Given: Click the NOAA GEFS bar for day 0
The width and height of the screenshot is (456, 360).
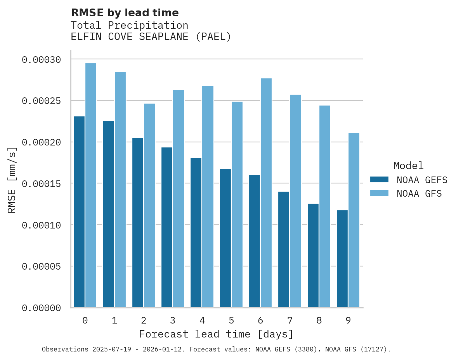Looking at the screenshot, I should pyautogui.click(x=79, y=212).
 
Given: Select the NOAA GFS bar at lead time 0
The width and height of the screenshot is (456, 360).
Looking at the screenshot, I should pyautogui.click(x=91, y=185).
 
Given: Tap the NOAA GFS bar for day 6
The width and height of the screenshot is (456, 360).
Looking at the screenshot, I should pyautogui.click(x=266, y=193).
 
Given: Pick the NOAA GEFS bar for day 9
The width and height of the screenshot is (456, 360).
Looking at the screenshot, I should pyautogui.click(x=342, y=259).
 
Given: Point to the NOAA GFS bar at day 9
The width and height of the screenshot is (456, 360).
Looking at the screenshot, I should pyautogui.click(x=354, y=220).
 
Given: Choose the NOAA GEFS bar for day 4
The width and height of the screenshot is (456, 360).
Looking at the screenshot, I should pyautogui.click(x=196, y=233).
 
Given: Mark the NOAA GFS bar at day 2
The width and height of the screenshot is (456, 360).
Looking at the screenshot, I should pyautogui.click(x=149, y=206).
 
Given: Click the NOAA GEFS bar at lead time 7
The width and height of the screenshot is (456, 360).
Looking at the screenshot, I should pyautogui.click(x=284, y=249).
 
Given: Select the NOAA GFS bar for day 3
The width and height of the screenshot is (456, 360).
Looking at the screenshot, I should pyautogui.click(x=179, y=199).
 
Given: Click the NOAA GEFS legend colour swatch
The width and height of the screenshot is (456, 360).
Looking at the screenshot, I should pyautogui.click(x=379, y=179).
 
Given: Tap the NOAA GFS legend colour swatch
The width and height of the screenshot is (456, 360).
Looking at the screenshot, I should pyautogui.click(x=379, y=193).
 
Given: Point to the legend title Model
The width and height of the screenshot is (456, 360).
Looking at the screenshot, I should pyautogui.click(x=408, y=166).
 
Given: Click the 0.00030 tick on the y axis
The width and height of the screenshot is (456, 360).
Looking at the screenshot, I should pyautogui.click(x=42, y=60).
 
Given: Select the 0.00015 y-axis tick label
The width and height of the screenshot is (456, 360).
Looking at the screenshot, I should pyautogui.click(x=42, y=183).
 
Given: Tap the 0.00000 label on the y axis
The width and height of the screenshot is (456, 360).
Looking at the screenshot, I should pyautogui.click(x=42, y=308).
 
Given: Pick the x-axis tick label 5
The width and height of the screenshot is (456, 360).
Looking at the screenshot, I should pyautogui.click(x=231, y=320).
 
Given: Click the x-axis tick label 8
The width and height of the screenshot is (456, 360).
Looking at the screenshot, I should pyautogui.click(x=319, y=320).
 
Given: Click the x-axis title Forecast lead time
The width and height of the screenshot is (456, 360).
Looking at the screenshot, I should pyautogui.click(x=216, y=334).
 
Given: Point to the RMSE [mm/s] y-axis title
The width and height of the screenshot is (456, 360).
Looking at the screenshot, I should pyautogui.click(x=12, y=180).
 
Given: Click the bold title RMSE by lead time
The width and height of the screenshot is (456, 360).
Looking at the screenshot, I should pyautogui.click(x=125, y=13).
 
